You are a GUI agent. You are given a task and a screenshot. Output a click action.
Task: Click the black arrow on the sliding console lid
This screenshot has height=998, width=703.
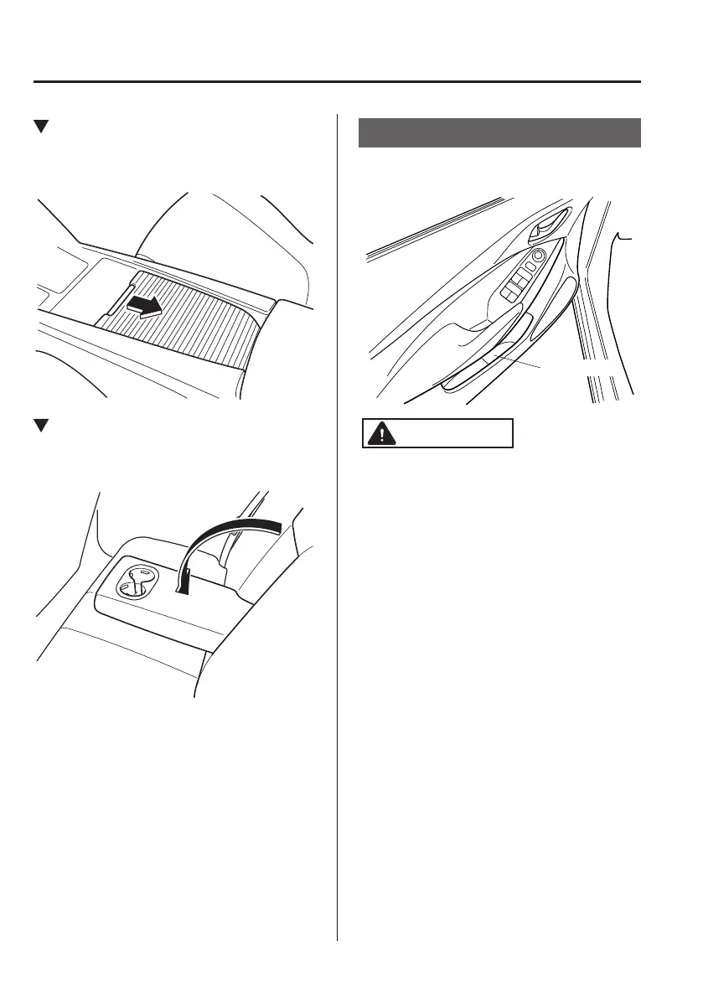pos(142,308)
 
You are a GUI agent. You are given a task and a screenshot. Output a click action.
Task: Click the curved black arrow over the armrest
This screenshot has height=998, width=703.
pos(226,536)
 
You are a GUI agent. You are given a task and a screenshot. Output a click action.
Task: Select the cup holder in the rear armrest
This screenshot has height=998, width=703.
pos(134,581)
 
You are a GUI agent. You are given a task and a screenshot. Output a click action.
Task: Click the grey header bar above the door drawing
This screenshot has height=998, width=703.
pos(499,132)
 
